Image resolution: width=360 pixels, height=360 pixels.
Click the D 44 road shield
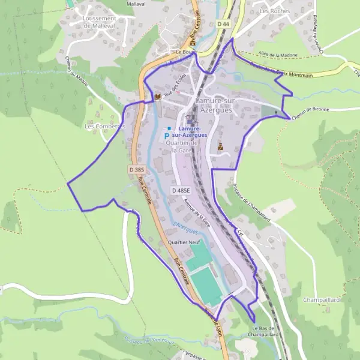223,23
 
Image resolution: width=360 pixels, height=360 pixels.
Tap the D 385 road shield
136,170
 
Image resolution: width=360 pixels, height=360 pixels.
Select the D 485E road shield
180,190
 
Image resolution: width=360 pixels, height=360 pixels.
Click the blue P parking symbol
166,137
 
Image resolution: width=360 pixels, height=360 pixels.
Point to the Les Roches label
275,11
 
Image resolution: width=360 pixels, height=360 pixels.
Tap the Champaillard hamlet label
322,299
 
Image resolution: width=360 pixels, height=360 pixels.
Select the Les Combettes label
104,127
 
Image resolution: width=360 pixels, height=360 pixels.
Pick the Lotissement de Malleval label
96,22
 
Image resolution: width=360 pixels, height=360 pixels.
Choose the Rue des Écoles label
173,91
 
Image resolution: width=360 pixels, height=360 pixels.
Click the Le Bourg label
187,52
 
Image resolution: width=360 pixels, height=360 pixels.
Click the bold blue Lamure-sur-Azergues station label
188,132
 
